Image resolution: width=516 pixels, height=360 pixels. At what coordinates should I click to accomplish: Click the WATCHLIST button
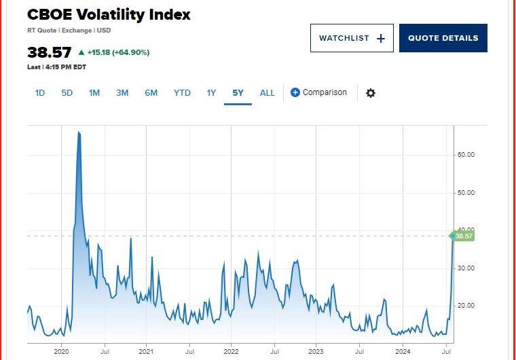pyautogui.click(x=352, y=38)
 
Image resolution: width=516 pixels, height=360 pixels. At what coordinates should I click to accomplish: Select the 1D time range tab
pyautogui.click(x=40, y=92)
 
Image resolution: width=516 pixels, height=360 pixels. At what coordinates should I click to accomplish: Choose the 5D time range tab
pyautogui.click(x=67, y=92)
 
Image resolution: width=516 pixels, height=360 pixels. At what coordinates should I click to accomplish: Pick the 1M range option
pyautogui.click(x=94, y=92)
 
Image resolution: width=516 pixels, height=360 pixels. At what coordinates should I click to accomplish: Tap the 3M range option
pyautogui.click(x=122, y=92)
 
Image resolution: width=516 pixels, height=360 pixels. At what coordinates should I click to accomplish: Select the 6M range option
pyautogui.click(x=151, y=92)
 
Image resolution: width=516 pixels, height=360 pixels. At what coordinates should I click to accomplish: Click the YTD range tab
pyautogui.click(x=182, y=92)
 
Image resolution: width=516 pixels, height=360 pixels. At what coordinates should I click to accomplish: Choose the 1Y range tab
pyautogui.click(x=211, y=92)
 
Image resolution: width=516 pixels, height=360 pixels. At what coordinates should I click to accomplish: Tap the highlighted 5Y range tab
pyautogui.click(x=238, y=92)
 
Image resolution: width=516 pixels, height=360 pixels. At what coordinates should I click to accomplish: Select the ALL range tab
pyautogui.click(x=268, y=92)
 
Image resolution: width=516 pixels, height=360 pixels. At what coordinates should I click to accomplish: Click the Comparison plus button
pyautogui.click(x=295, y=92)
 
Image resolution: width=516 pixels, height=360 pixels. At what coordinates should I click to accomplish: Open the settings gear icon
pyautogui.click(x=370, y=93)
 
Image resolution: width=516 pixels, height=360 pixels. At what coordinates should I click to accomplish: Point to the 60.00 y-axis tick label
pyautogui.click(x=465, y=155)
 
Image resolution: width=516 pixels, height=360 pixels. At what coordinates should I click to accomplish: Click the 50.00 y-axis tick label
pyautogui.click(x=465, y=192)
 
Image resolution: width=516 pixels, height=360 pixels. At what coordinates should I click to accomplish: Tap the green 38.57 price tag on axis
pyautogui.click(x=463, y=236)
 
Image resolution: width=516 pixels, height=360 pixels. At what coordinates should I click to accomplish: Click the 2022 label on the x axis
pyautogui.click(x=231, y=351)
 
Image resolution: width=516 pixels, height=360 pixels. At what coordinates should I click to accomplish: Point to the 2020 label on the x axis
pyautogui.click(x=62, y=351)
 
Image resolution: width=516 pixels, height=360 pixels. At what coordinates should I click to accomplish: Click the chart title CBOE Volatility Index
pyautogui.click(x=109, y=14)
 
